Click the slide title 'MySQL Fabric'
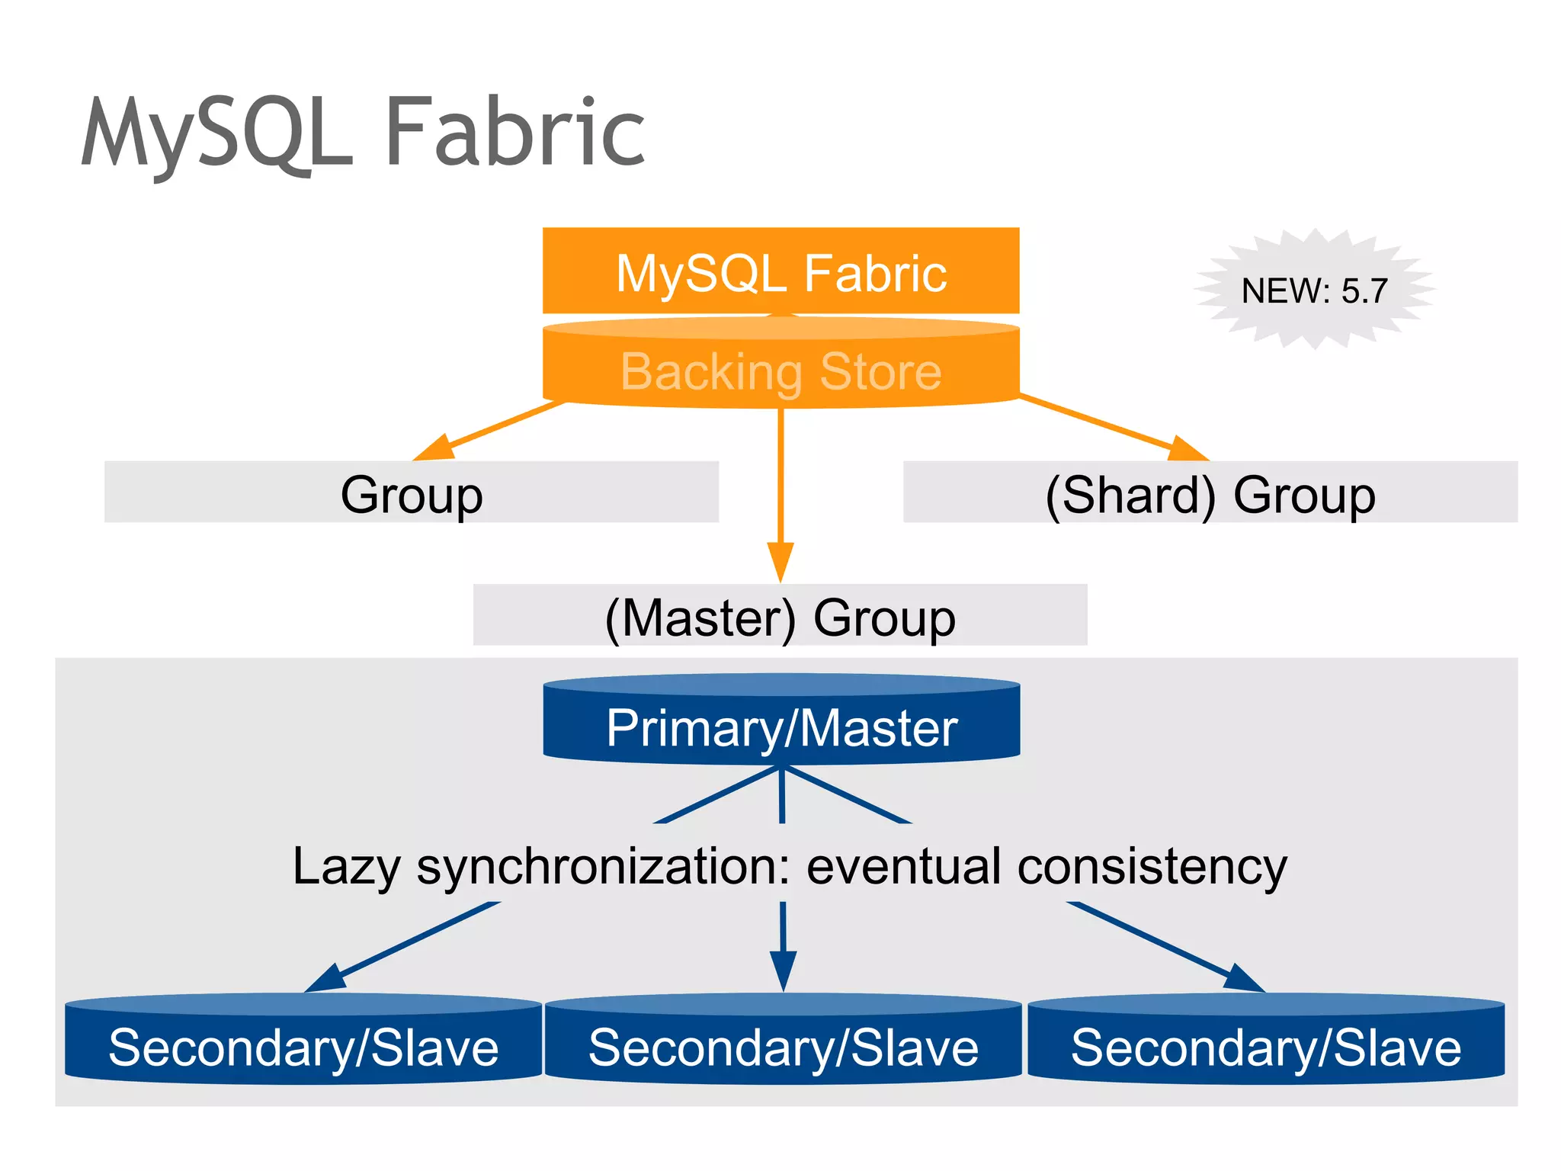[363, 133]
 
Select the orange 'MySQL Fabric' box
[780, 271]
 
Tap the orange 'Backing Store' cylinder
[780, 371]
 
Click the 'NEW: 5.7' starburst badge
[1314, 290]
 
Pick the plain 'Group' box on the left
[412, 492]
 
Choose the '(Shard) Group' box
[1210, 492]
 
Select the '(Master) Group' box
[780, 615]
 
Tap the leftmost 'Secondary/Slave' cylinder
[303, 1045]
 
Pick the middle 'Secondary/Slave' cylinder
[783, 1045]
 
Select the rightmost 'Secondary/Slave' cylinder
[1266, 1045]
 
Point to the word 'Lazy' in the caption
[347, 867]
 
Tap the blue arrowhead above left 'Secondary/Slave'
[326, 978]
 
